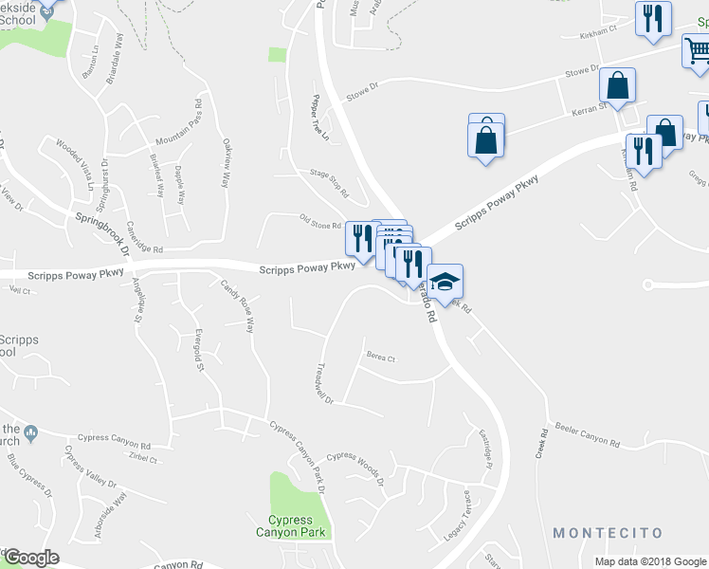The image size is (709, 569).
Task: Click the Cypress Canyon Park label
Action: pos(297,526)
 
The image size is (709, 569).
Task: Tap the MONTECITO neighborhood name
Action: pos(608,533)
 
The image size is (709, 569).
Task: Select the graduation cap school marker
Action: pos(445,281)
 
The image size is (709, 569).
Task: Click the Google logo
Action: pos(30,558)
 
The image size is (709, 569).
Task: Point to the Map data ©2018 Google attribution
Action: pos(650,561)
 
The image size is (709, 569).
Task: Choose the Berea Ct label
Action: pos(380,358)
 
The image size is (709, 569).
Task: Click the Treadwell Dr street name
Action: pos(325,383)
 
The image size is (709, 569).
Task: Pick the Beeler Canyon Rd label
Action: pos(587,437)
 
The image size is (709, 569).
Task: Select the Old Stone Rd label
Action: pos(319,225)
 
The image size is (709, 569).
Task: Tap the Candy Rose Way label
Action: pos(237,305)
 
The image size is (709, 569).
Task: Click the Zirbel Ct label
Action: pos(141,459)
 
